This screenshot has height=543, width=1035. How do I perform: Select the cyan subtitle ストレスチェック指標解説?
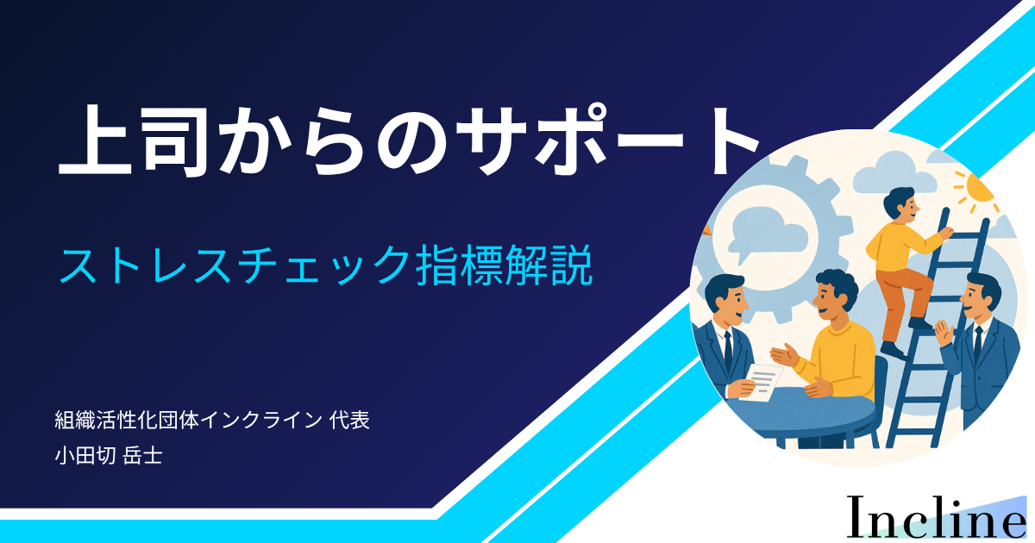tap(326, 265)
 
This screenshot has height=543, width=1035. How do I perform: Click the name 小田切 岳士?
tap(109, 456)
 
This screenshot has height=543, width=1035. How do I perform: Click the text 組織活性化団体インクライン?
tap(188, 421)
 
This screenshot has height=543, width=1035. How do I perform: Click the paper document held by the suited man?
tap(762, 381)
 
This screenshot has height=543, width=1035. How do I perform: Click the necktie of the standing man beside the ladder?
tap(977, 345)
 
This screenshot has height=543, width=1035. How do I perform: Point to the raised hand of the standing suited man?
tap(944, 333)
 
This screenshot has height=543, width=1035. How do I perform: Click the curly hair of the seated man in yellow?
tap(837, 286)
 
